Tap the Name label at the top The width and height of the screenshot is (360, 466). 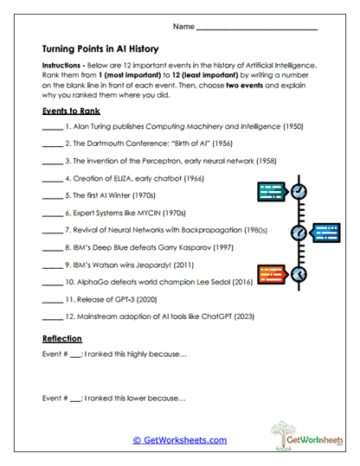[x=183, y=28]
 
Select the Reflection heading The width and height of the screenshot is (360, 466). [x=62, y=338]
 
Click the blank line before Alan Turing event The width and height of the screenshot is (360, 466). [x=52, y=127]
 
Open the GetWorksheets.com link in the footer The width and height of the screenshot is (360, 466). [x=179, y=440]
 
